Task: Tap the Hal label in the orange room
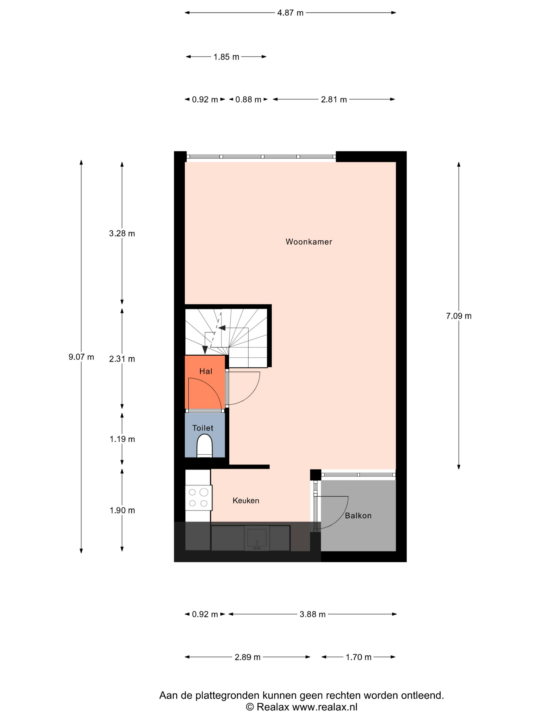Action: tap(206, 371)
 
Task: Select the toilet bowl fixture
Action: tap(204, 445)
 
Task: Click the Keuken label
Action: tap(246, 500)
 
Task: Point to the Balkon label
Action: tap(358, 515)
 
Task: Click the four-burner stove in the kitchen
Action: tap(199, 498)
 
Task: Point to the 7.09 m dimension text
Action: tap(459, 316)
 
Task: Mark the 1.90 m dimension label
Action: tap(122, 510)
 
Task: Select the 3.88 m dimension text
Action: tap(312, 614)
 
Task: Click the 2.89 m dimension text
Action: tap(247, 657)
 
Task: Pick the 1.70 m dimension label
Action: tap(358, 657)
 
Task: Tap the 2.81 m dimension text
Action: tap(334, 99)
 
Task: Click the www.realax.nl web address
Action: tap(325, 707)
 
